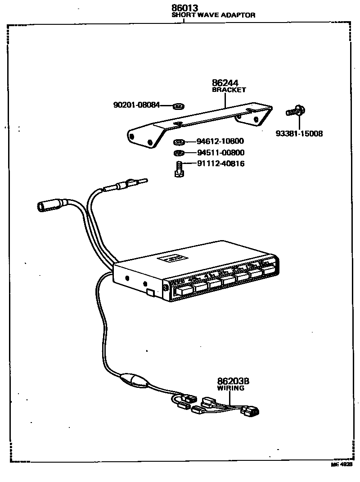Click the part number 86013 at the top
point(185,8)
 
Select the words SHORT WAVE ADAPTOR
point(214,15)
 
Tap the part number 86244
point(225,83)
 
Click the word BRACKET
point(229,90)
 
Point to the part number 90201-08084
point(136,105)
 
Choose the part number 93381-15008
point(299,134)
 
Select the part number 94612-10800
point(220,141)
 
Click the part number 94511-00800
point(220,153)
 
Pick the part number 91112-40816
point(220,164)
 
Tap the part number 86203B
point(233,381)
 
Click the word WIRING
point(231,388)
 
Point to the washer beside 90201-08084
point(179,106)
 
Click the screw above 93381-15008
point(295,110)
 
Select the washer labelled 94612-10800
point(178,141)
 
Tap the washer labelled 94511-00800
point(178,153)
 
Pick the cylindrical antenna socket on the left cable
point(46,206)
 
